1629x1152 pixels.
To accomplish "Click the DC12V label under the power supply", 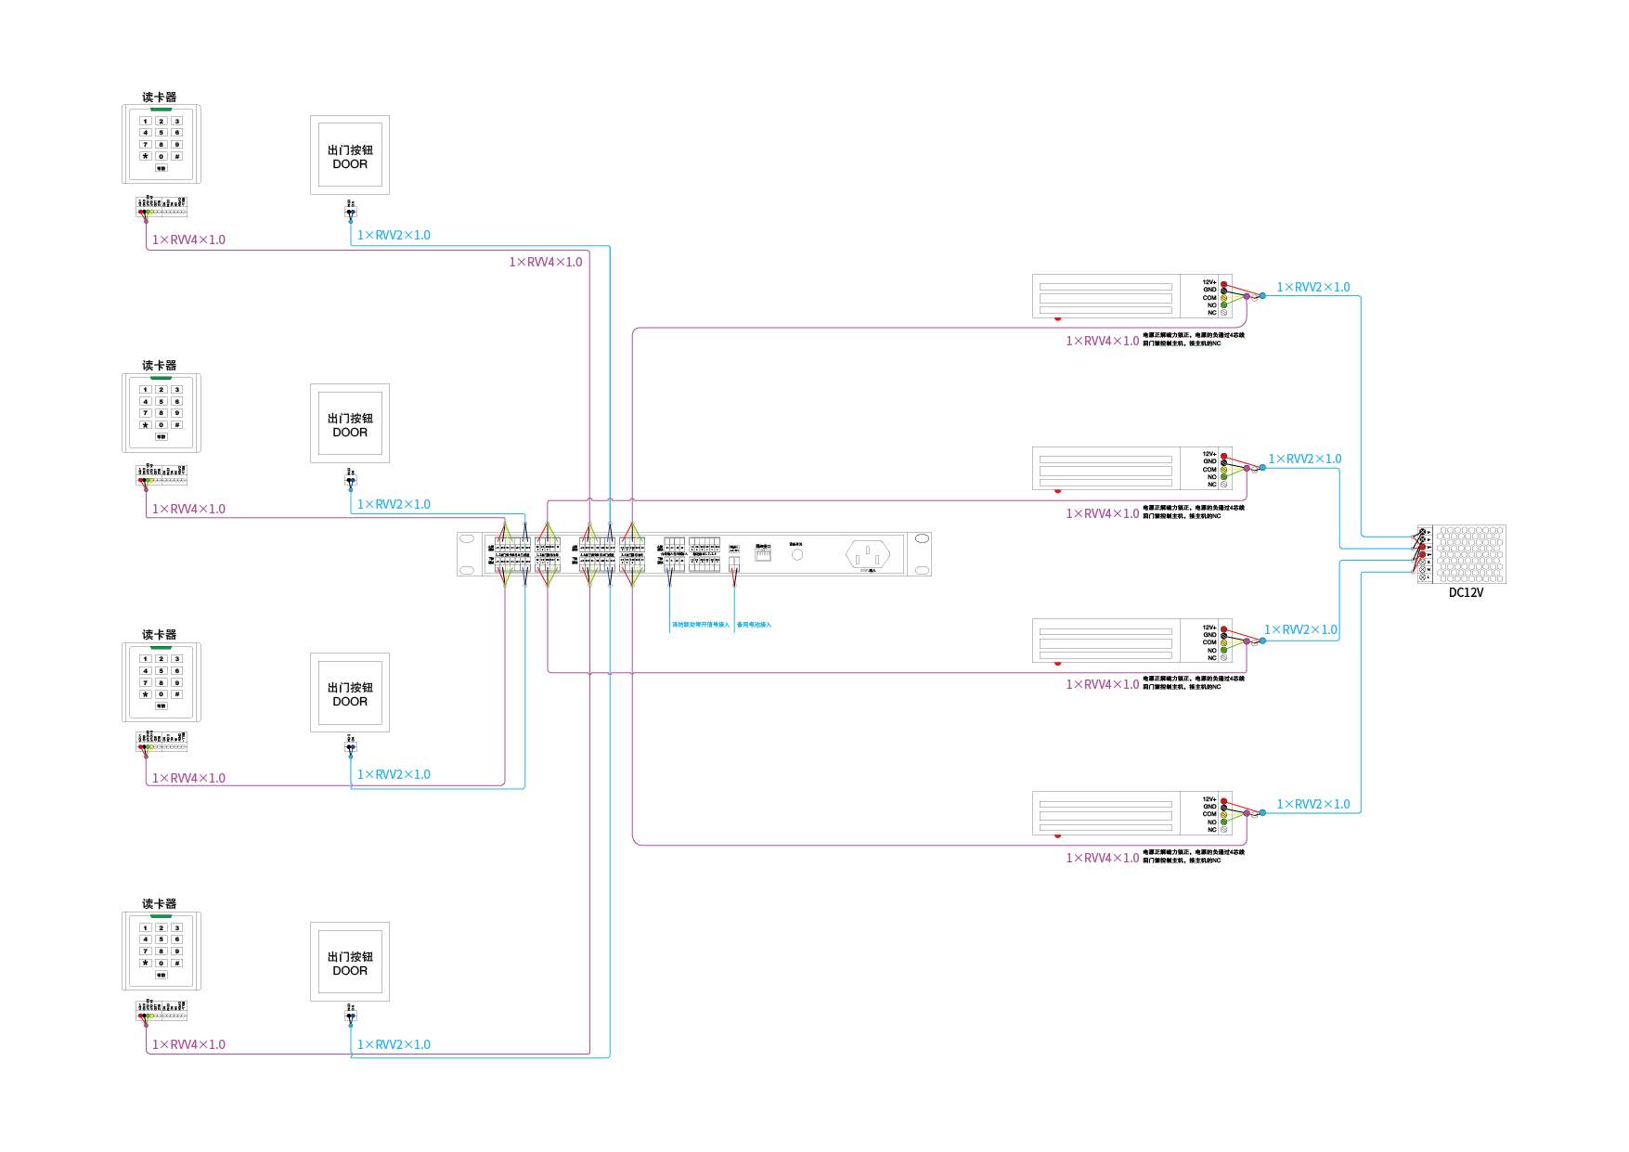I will point(1466,592).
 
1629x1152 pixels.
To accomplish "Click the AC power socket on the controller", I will point(868,555).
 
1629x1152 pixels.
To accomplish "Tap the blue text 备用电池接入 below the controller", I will point(754,625).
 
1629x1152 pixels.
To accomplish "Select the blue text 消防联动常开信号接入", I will point(701,625).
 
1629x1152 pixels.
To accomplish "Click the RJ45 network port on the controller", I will point(763,554).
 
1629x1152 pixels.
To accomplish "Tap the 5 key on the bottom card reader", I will point(161,939).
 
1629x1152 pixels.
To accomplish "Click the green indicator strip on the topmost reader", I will point(161,110).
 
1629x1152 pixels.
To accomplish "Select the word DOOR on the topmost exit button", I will point(350,164).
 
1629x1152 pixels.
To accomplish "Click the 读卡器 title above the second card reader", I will point(159,366).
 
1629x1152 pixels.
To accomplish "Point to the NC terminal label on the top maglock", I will point(1211,313).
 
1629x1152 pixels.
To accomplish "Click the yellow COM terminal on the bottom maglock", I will point(1223,814).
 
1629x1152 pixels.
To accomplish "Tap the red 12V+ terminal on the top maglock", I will point(1223,283).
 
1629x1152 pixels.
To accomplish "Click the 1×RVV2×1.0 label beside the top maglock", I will point(1312,288).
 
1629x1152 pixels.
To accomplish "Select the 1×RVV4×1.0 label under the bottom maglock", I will point(1102,858).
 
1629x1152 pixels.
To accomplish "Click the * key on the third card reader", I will point(145,694).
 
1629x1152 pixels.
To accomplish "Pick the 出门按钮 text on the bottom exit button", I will point(350,957).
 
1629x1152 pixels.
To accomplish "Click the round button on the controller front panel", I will point(796,554).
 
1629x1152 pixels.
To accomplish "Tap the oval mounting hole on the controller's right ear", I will point(922,539).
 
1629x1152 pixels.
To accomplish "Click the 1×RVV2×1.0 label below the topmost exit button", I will point(394,236).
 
